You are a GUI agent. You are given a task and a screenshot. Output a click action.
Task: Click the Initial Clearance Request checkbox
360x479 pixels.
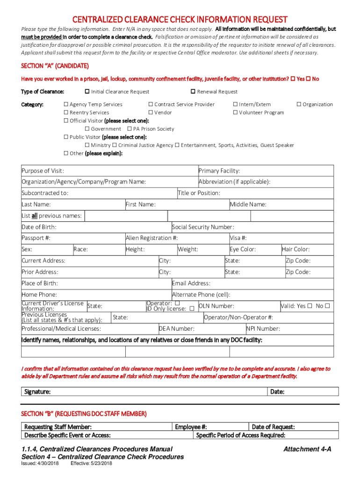pyautogui.click(x=87, y=92)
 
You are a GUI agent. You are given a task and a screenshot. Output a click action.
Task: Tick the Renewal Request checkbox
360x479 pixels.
pyautogui.click(x=193, y=92)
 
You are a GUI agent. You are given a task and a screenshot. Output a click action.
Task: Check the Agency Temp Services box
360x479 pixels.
pyautogui.click(x=66, y=104)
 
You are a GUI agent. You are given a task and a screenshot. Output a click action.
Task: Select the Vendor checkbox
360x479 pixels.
pyautogui.click(x=151, y=112)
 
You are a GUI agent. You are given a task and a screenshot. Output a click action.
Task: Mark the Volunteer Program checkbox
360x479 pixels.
pyautogui.click(x=235, y=112)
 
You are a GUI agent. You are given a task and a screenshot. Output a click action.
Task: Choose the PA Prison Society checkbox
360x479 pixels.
pyautogui.click(x=130, y=129)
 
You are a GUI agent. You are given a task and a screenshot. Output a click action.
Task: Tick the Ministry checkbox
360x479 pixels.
pyautogui.click(x=87, y=145)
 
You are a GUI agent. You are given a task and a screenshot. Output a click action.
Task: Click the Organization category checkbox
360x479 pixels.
pyautogui.click(x=299, y=104)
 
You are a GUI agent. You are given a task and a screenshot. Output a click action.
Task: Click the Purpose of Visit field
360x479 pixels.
pyautogui.click(x=131, y=171)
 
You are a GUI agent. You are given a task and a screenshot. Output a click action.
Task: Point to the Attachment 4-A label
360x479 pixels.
pyautogui.click(x=307, y=449)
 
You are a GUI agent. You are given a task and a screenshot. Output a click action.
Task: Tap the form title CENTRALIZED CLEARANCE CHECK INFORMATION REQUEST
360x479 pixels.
pyautogui.click(x=180, y=19)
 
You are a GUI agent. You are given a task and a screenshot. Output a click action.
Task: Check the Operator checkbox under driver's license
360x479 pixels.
pyautogui.click(x=177, y=303)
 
